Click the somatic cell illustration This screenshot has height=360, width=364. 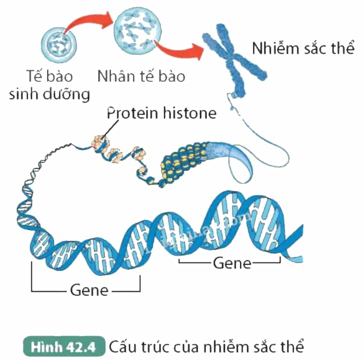click(59, 45)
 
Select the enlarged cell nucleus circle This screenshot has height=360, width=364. click(138, 31)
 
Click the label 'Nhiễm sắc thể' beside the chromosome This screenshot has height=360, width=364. click(303, 48)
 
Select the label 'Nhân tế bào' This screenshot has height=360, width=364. click(141, 76)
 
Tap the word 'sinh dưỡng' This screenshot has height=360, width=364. click(50, 94)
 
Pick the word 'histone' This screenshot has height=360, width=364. click(190, 113)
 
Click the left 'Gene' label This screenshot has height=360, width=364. click(89, 290)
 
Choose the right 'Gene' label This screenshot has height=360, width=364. click(232, 263)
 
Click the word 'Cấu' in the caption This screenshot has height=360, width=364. click(122, 346)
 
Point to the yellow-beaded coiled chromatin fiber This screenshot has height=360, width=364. click(184, 163)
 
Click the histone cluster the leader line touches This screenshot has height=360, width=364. click(100, 143)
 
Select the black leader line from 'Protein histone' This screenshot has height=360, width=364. click(110, 129)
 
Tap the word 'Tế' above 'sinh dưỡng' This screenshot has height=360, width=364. click(34, 76)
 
